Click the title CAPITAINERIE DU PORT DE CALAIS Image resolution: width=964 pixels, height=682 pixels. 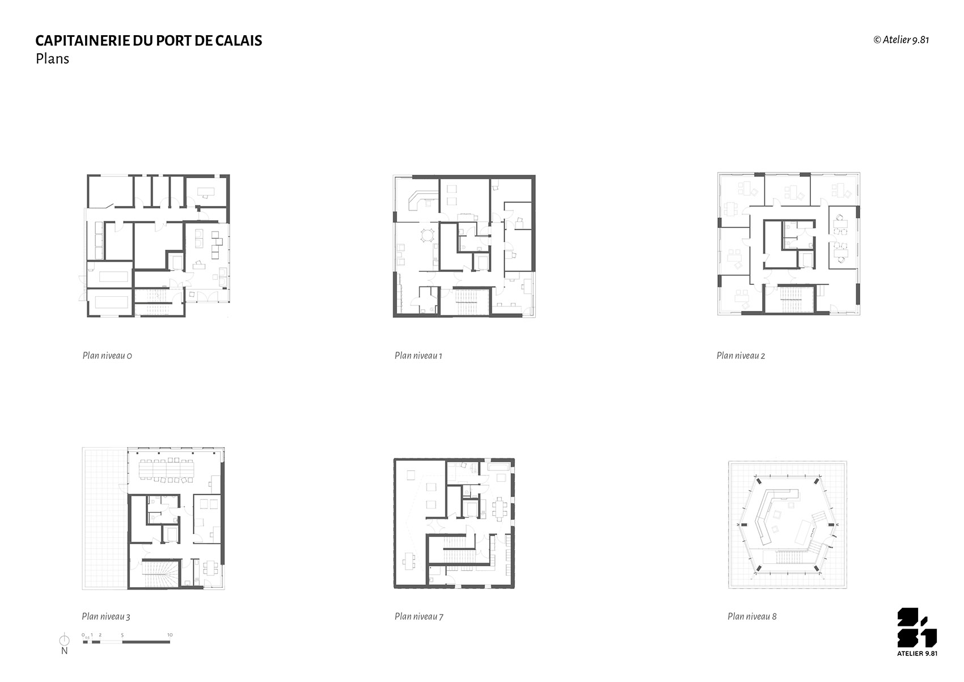click(149, 40)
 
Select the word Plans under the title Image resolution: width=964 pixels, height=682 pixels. click(52, 58)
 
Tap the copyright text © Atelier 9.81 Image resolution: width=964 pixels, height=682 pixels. click(900, 40)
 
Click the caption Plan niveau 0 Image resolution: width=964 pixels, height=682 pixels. click(107, 356)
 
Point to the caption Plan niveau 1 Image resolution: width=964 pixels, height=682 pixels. click(418, 356)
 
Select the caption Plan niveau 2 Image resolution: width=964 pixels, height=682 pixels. click(741, 356)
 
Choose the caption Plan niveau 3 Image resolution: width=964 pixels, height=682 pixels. click(106, 617)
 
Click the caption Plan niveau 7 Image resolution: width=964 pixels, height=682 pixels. click(418, 617)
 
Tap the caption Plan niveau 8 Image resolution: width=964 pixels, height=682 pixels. click(752, 617)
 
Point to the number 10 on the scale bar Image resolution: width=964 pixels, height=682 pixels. click(170, 635)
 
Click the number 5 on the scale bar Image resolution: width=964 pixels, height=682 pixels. click(122, 635)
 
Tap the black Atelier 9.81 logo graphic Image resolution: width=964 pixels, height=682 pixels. click(917, 628)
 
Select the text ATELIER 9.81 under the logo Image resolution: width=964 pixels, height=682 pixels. click(917, 654)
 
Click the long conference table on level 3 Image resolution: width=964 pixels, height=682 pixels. click(167, 470)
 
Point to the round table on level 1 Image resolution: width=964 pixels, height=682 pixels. click(428, 235)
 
